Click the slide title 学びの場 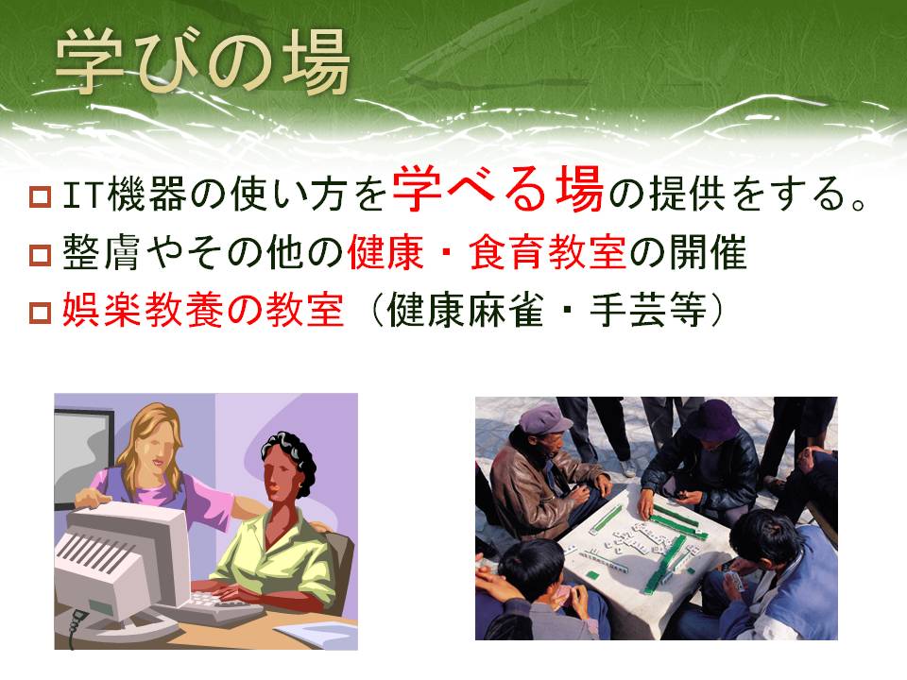pyautogui.click(x=202, y=62)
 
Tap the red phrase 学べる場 pyautogui.click(x=498, y=189)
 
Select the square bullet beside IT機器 pyautogui.click(x=40, y=196)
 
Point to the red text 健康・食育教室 pyautogui.click(x=487, y=252)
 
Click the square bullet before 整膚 pyautogui.click(x=40, y=254)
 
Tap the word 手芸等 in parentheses pyautogui.click(x=648, y=310)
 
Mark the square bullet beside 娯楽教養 pyautogui.click(x=40, y=313)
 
